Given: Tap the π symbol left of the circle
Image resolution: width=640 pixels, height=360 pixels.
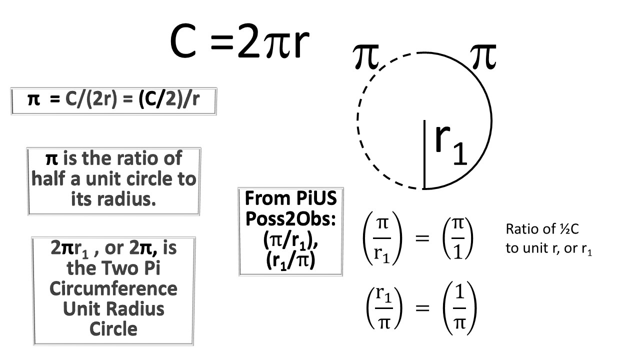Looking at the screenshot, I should coord(365,56).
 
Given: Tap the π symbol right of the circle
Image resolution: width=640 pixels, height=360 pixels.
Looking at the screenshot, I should coord(483,56).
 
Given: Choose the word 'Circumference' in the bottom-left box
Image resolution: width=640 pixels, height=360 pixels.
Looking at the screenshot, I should coord(113,288).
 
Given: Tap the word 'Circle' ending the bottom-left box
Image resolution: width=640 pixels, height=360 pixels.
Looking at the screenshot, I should coord(113,329).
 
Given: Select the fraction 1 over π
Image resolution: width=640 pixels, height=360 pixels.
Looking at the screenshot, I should coord(459,308).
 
